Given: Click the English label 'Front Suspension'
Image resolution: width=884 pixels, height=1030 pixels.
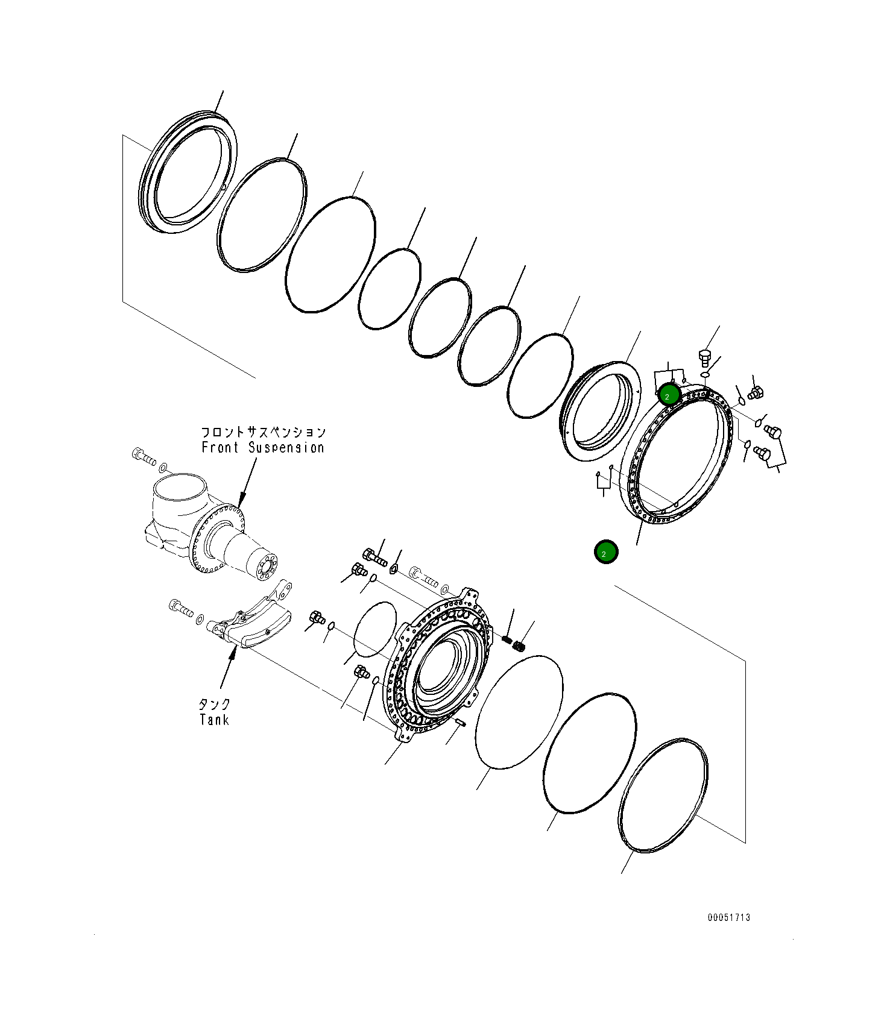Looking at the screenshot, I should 263,448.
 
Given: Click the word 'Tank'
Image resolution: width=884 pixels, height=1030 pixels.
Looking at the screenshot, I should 214,720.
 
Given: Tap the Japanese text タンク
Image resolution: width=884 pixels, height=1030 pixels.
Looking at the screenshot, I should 215,704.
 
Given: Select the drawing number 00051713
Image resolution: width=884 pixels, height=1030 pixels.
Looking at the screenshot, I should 729,917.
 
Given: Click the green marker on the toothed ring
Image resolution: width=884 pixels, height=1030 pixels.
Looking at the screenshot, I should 669,395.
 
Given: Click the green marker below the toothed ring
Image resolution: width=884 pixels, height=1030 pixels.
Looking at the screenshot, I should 606,551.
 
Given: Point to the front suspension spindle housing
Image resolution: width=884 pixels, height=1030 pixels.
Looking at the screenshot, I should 208,524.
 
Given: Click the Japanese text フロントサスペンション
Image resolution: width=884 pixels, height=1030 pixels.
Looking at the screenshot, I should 263,432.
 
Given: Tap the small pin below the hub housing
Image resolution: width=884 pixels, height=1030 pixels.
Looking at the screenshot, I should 461,721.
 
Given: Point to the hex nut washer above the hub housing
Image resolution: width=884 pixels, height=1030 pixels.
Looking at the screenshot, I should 394,568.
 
